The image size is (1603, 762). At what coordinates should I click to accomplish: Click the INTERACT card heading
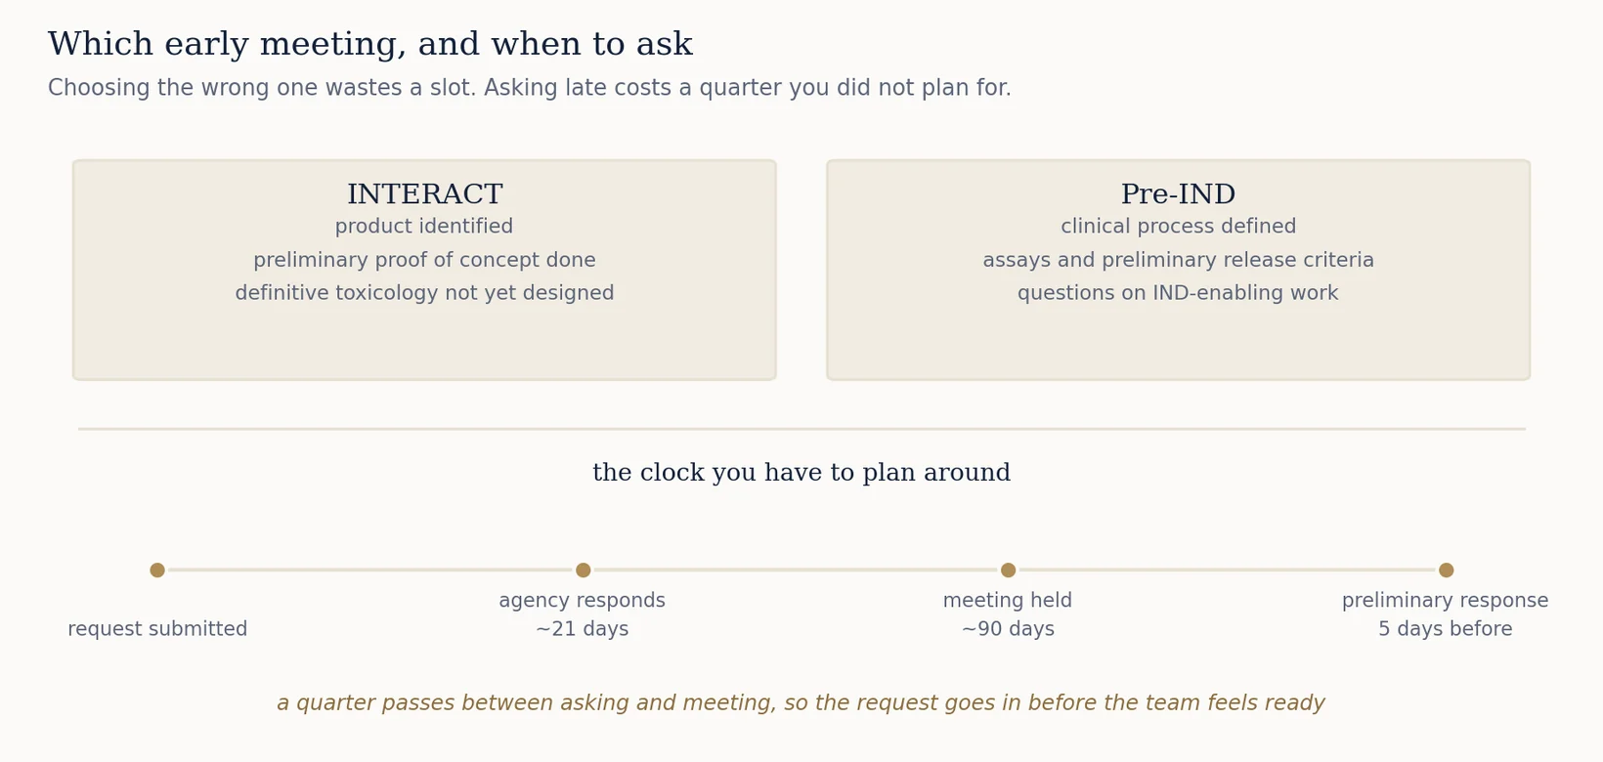[424, 193]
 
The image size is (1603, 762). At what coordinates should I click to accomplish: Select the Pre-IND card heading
[1178, 193]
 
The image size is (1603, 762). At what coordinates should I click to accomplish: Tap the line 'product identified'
[424, 226]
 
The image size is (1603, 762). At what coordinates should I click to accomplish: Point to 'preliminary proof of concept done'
[424, 260]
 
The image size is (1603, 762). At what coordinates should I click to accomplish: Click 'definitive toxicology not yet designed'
[424, 293]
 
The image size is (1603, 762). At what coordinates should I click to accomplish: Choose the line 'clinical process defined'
[1178, 226]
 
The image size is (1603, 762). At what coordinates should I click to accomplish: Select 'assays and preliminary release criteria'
[1178, 260]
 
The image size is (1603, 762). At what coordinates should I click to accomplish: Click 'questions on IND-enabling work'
[1178, 293]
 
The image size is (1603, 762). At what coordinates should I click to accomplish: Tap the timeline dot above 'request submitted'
[157, 571]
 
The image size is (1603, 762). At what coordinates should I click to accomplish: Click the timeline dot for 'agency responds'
[584, 571]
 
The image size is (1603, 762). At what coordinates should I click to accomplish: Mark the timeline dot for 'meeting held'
[1009, 571]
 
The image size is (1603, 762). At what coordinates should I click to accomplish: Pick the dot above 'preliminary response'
[1447, 571]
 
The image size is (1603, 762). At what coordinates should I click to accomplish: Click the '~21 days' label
[582, 629]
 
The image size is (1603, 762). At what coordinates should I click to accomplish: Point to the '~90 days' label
[1008, 629]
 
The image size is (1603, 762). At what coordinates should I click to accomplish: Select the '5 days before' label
[1446, 629]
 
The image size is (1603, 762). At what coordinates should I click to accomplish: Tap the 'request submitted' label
[157, 629]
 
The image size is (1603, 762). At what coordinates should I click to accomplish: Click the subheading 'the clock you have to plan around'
[801, 472]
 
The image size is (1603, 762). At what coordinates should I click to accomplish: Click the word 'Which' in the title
[100, 44]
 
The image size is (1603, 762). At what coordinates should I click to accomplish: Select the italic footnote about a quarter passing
[801, 703]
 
